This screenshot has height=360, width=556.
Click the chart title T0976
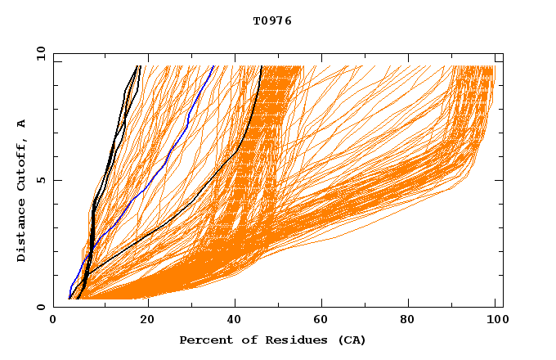point(272,21)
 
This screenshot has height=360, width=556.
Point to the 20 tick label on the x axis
point(147,321)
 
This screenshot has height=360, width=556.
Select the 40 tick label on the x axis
point(235,321)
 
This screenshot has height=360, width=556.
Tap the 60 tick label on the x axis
point(321,321)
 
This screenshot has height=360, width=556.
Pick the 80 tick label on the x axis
point(408,321)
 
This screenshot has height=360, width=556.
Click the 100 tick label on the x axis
point(495,321)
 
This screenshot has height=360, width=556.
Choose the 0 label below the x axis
point(53,321)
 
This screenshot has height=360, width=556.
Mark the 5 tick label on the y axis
point(40,180)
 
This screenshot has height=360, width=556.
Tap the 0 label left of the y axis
point(40,307)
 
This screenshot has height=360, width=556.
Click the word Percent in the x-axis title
point(203,340)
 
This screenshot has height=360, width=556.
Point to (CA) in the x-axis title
point(349,340)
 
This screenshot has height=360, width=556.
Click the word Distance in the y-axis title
point(21,232)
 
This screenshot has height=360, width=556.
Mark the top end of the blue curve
point(213,66)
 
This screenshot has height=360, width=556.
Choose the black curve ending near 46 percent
point(245,131)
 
